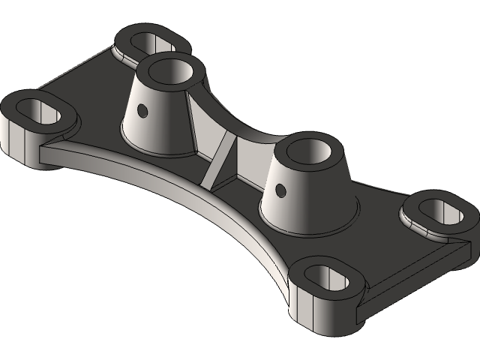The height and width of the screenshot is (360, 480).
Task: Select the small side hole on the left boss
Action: pyautogui.click(x=142, y=111)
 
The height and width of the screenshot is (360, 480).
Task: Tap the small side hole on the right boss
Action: pyautogui.click(x=280, y=190)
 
